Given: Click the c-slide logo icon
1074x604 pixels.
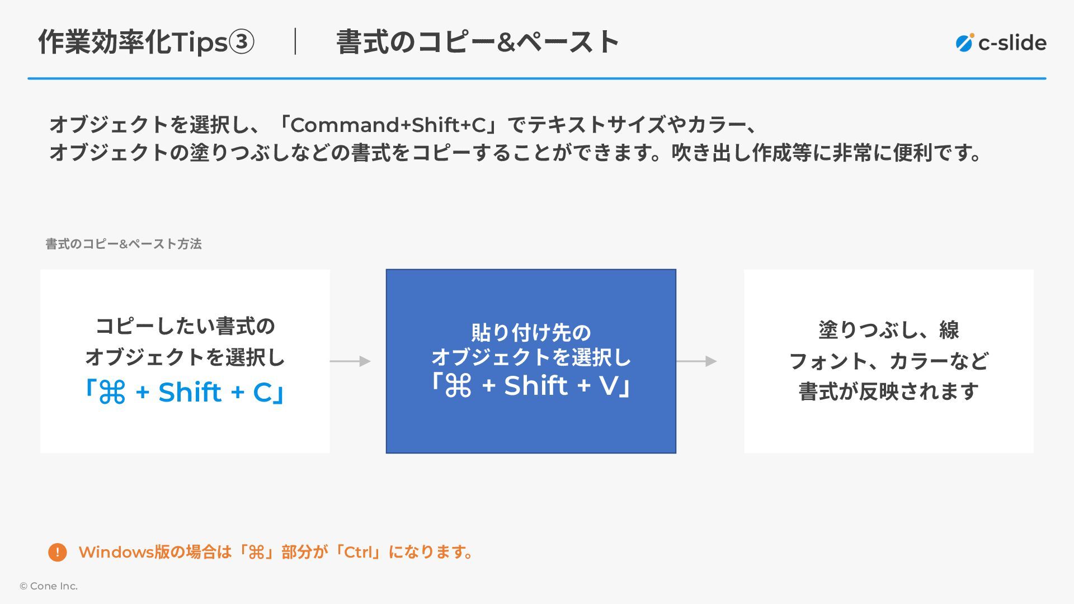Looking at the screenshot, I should (x=964, y=43).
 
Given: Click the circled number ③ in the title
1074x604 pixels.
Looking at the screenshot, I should (x=242, y=43).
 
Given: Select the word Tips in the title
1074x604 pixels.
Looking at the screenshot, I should (x=200, y=43).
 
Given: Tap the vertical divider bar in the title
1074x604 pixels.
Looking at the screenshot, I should (x=295, y=42).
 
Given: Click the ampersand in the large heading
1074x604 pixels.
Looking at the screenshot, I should (x=505, y=43).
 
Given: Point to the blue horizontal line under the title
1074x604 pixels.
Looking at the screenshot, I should (x=537, y=78).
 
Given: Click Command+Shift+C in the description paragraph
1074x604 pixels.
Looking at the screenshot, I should (x=388, y=125).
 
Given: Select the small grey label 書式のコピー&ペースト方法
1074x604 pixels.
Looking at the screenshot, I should (x=124, y=244).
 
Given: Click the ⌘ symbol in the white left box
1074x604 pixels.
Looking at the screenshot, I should (x=112, y=392).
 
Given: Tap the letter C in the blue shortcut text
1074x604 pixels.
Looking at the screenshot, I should (x=262, y=392).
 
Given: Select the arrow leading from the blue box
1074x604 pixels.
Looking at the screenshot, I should (x=697, y=361).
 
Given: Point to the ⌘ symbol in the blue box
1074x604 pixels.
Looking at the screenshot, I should (x=458, y=386).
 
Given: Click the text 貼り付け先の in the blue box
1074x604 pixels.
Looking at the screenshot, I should (x=531, y=333).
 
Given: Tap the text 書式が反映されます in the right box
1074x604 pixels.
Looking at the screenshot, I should (x=888, y=391).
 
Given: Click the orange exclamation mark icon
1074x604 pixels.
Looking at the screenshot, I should (x=58, y=553).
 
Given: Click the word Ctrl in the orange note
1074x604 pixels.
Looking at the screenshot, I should (x=358, y=553).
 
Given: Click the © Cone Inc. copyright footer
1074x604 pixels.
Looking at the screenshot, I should (x=49, y=586).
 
